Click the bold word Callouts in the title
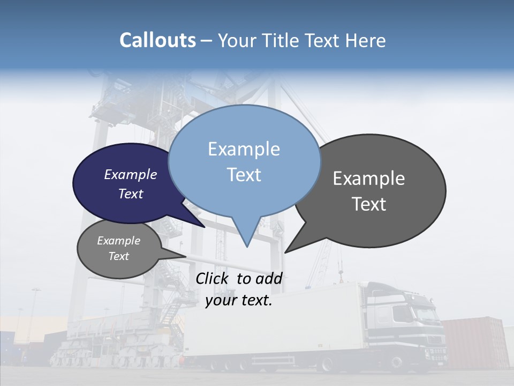(x=157, y=41)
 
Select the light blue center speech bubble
(x=244, y=161)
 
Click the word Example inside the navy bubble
(x=130, y=174)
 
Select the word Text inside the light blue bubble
(x=244, y=175)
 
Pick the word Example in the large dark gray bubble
(x=369, y=179)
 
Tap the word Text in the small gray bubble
(x=119, y=256)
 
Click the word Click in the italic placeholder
(x=213, y=278)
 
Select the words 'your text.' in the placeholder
(x=239, y=300)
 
